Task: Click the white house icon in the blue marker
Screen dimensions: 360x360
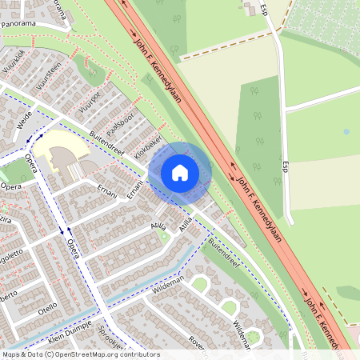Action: [x=180, y=172]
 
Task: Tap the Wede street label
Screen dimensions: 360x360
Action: [x=24, y=120]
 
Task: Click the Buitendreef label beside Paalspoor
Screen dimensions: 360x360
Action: [x=108, y=143]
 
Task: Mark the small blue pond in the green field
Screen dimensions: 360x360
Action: [x=346, y=131]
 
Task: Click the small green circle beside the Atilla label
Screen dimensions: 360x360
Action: [x=165, y=235]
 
